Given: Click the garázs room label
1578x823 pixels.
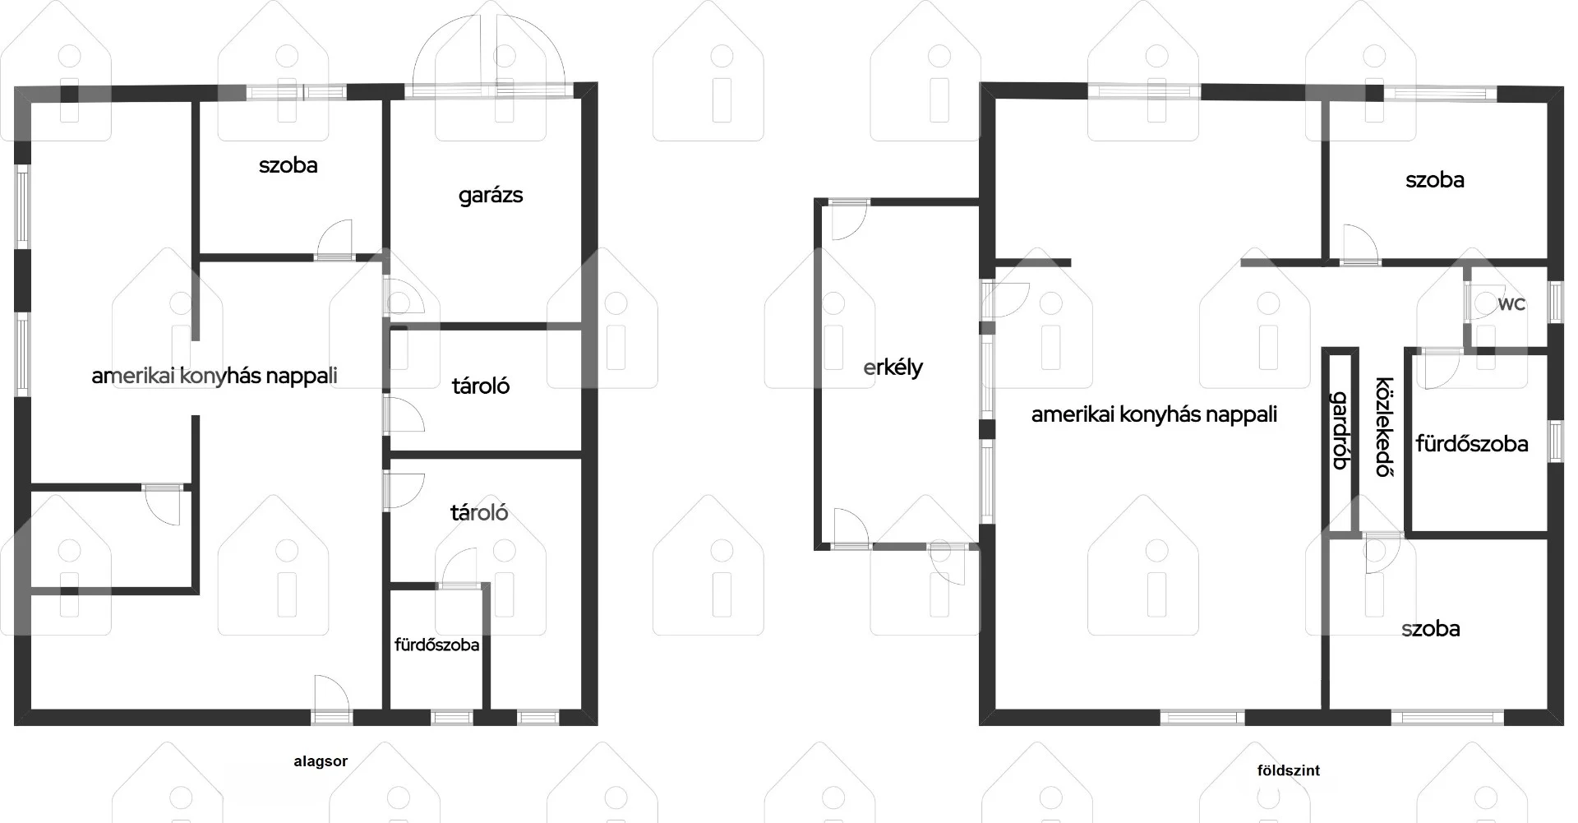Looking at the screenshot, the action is [x=491, y=196].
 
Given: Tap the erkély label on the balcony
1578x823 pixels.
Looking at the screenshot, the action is [x=893, y=368].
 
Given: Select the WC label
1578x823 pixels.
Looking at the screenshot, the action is [x=1511, y=304].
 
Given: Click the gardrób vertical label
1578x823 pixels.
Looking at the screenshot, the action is [x=1340, y=430].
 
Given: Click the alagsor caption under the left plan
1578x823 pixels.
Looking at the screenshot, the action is [x=321, y=761].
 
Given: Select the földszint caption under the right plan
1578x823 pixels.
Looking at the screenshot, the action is [x=1289, y=770].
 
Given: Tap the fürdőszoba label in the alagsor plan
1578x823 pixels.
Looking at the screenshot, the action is [x=436, y=645].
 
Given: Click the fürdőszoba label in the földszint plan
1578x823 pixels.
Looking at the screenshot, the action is [x=1472, y=444].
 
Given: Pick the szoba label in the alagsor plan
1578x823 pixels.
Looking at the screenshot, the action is [x=288, y=165].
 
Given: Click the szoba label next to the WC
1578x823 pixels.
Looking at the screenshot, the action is [x=1435, y=180].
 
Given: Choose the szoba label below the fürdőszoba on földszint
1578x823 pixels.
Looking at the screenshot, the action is [x=1431, y=629].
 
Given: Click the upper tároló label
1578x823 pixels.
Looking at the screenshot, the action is [x=481, y=386].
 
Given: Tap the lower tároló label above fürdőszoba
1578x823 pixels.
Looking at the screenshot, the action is [x=479, y=513].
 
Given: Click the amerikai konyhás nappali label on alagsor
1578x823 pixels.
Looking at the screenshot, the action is [x=215, y=376].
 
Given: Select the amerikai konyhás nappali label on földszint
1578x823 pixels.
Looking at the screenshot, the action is [x=1154, y=414].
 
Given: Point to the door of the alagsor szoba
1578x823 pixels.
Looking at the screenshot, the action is [x=335, y=239].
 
